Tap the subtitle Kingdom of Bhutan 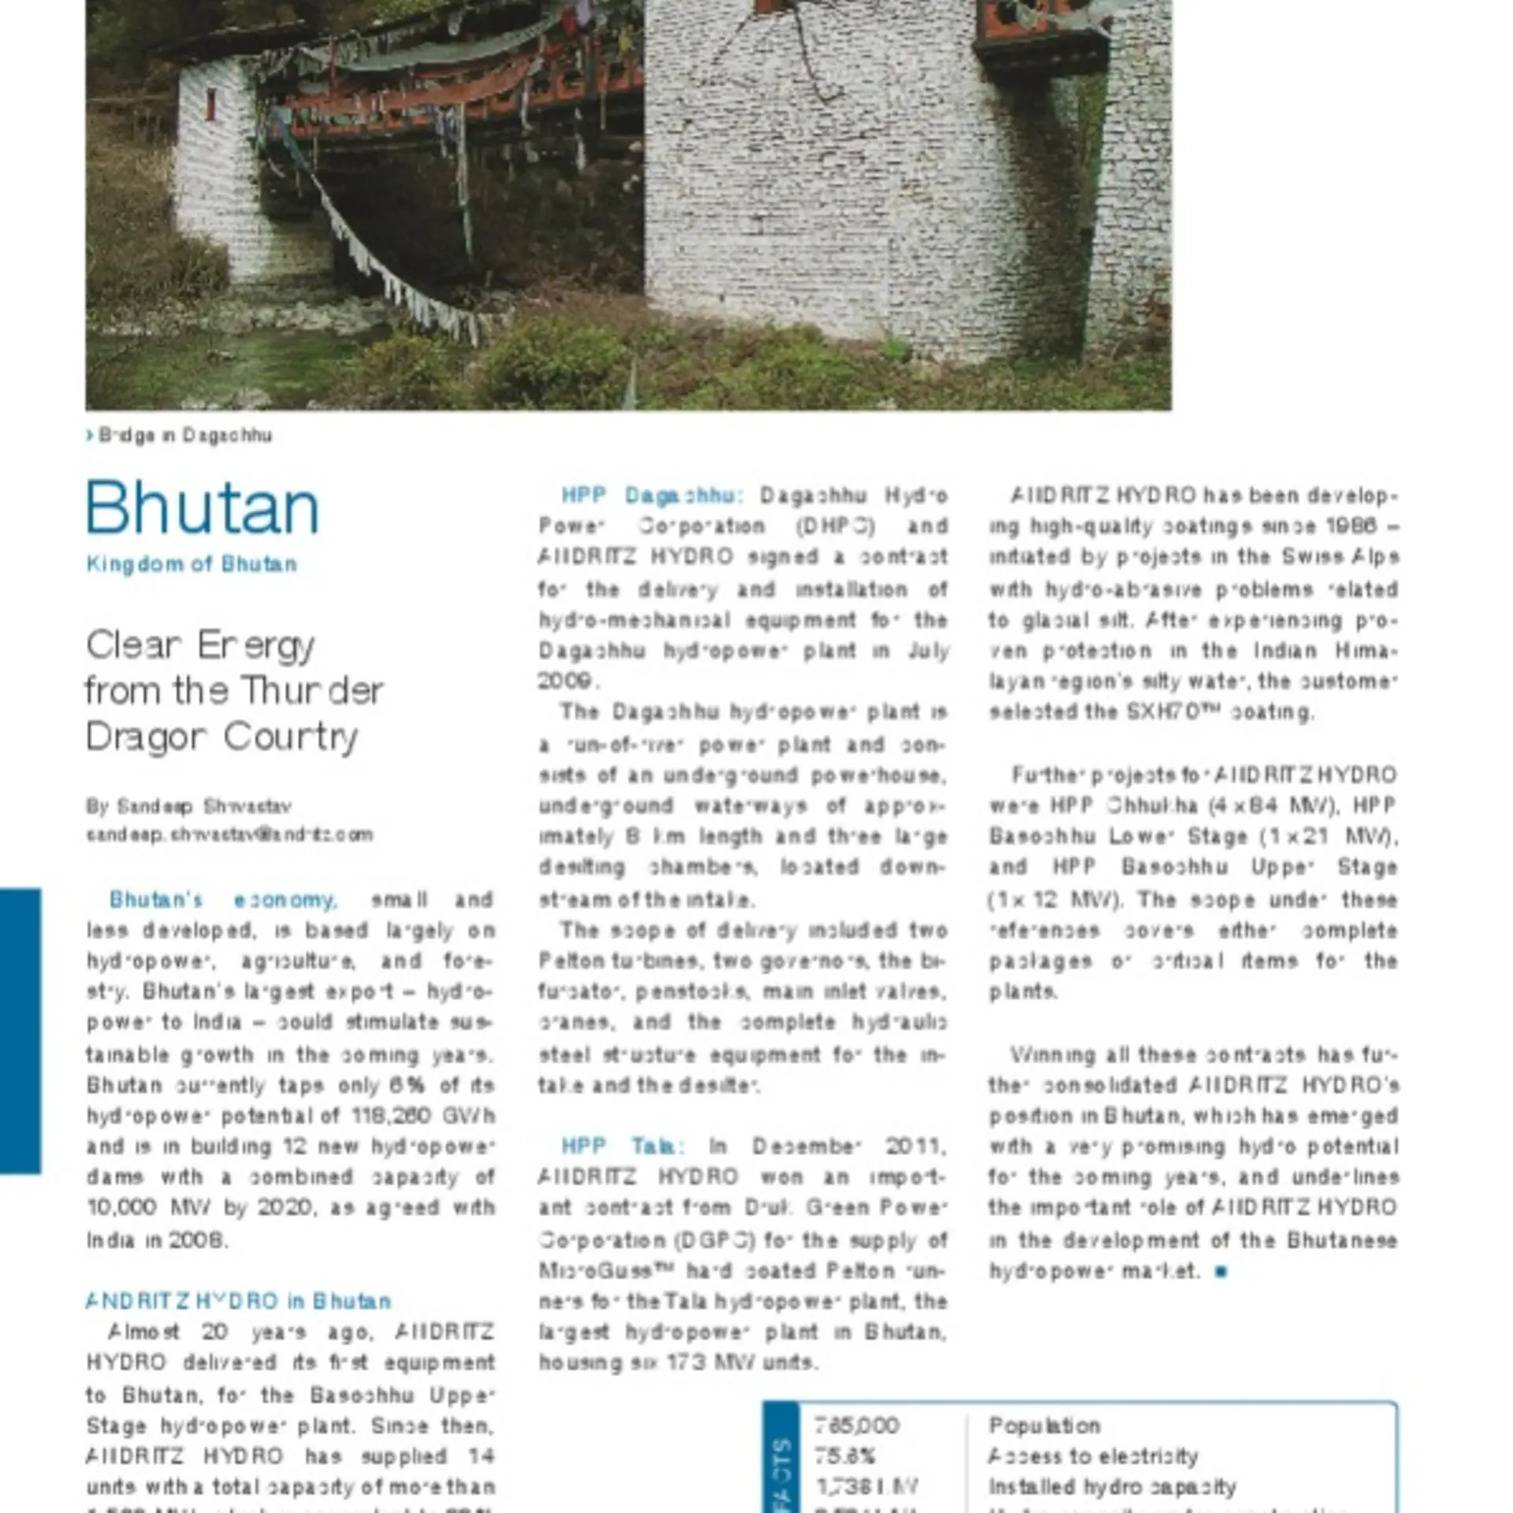(x=191, y=564)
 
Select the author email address (x=229, y=835)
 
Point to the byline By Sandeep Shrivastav (x=189, y=806)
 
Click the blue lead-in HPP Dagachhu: (x=652, y=496)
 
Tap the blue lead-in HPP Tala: (x=623, y=1146)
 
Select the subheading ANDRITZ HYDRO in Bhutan (x=238, y=1301)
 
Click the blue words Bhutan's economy (x=224, y=899)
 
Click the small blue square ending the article (x=1221, y=1271)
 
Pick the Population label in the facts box (x=1044, y=1426)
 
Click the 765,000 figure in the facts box (x=857, y=1426)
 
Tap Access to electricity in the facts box (x=1093, y=1456)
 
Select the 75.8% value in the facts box (x=846, y=1456)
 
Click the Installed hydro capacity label (x=1112, y=1487)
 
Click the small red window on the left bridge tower (x=210, y=105)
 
